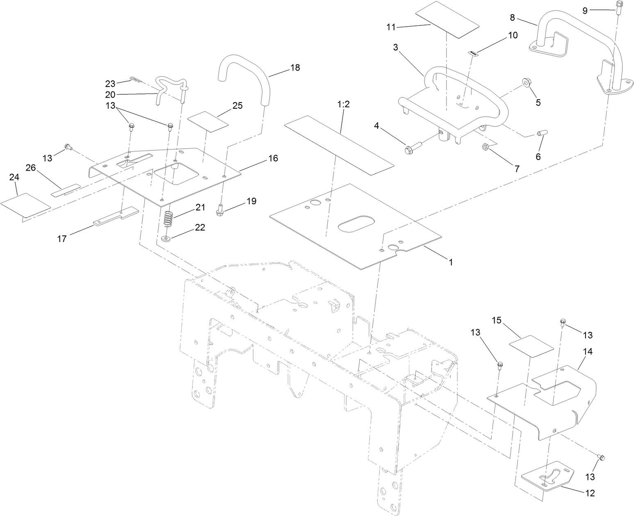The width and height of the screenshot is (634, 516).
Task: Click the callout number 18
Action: coord(295,68)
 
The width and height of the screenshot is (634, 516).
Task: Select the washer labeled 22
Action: coord(166,238)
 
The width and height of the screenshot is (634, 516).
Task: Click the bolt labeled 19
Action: coord(220,210)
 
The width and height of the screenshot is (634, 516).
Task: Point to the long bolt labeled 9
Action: coord(618,8)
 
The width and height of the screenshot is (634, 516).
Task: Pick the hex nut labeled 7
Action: coord(484,146)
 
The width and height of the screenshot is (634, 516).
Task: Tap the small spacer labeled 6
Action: coord(540,134)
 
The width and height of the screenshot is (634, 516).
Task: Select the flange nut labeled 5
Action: coord(527,83)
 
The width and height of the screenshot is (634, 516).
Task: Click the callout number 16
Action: coord(273,158)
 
